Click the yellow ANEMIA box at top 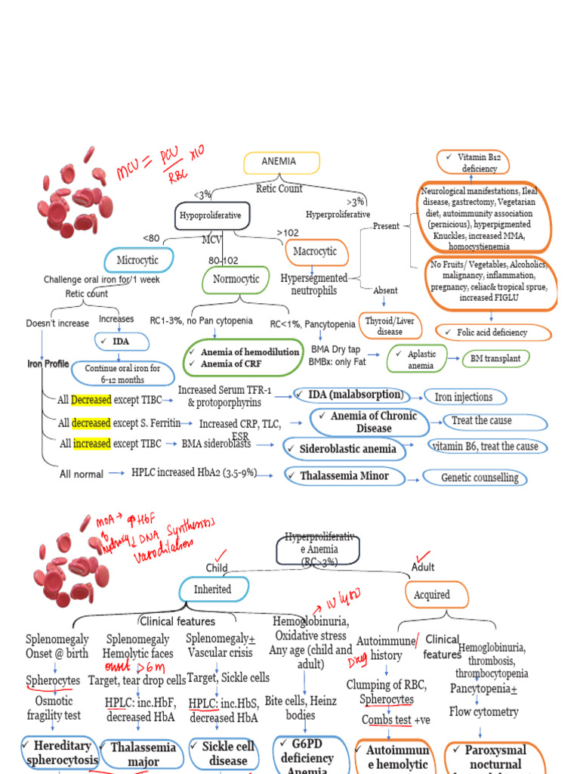281,163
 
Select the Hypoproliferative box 211,215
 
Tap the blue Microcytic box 138,260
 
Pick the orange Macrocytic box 314,251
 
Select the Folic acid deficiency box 492,332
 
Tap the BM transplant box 495,358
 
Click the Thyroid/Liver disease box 390,326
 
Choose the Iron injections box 464,397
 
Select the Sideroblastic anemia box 347,449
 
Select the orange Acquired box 431,595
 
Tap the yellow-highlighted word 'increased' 91,444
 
